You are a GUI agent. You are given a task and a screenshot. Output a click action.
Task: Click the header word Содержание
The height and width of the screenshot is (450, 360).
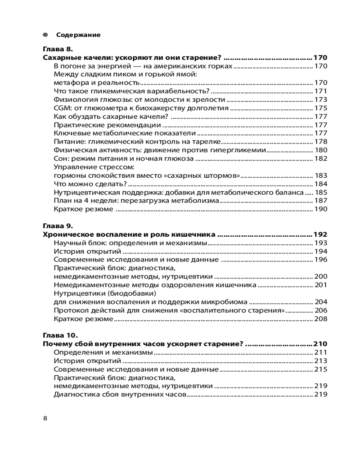pos(78,35)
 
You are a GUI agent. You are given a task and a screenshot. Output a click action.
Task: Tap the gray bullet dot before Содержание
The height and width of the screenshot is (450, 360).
pos(45,35)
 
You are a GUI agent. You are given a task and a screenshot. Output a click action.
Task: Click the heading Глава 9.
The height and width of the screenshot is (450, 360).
pos(58,226)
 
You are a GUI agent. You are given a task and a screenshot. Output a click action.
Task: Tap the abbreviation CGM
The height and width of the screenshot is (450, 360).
pos(61,108)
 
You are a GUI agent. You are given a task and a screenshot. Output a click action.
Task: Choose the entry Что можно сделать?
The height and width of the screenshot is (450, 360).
pos(90,184)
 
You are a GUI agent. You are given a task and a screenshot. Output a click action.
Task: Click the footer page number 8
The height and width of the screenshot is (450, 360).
pos(45,418)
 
